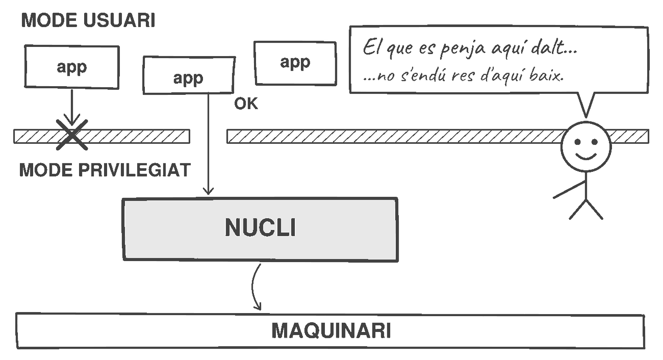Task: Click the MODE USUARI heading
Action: pos(88,20)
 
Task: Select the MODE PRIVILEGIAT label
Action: pos(105,170)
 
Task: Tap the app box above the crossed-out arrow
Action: pos(72,67)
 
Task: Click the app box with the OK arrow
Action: pos(189,75)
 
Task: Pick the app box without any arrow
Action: pos(295,63)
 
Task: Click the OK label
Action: pos(246,104)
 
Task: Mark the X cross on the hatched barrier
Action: pos(72,135)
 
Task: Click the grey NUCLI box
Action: pos(260,229)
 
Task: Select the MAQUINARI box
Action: pos(330,331)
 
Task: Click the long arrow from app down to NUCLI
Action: pos(209,144)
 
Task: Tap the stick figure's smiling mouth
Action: pos(586,156)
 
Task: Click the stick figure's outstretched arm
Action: pos(569,190)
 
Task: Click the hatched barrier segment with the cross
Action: pos(102,136)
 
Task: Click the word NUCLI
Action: pos(260,227)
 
